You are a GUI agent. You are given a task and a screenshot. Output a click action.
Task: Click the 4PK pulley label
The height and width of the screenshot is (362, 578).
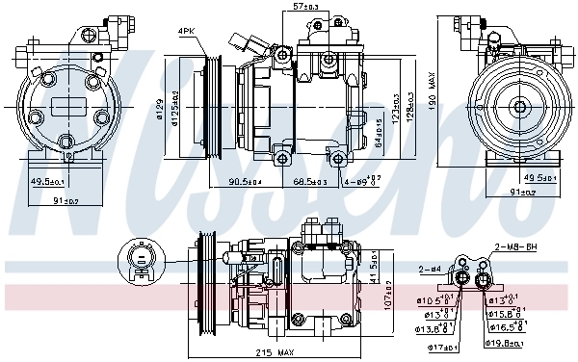click(x=187, y=32)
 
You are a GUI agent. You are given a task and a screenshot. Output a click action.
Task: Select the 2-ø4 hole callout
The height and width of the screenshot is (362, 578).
click(x=431, y=271)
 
